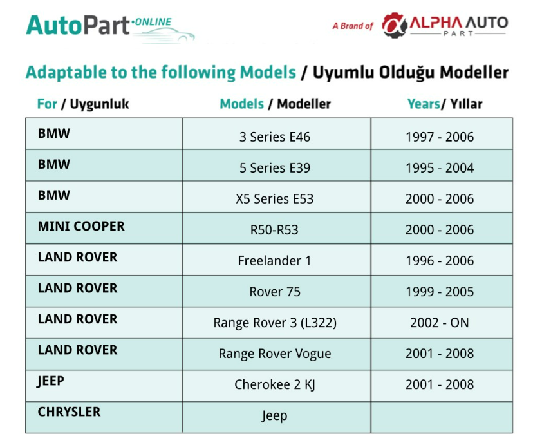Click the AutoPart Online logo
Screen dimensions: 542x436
[x=110, y=29]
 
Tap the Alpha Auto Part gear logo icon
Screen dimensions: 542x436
[x=394, y=25]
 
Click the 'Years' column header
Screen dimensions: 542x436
[x=424, y=104]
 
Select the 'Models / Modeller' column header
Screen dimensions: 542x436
[x=275, y=104]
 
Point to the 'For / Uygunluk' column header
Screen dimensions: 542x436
[x=83, y=104]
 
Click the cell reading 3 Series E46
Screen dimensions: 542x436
[x=275, y=137]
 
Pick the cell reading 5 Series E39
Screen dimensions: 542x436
[x=275, y=168]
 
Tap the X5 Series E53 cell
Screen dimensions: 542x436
[x=275, y=199]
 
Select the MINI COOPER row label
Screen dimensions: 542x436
[x=81, y=226]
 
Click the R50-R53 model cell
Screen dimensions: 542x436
[x=274, y=230]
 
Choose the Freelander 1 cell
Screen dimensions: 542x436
[x=274, y=261]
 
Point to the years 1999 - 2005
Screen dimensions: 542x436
[x=440, y=292]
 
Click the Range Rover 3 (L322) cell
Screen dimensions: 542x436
[x=275, y=323]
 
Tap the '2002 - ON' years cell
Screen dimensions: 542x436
[x=440, y=323]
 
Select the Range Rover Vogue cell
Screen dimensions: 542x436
[x=275, y=354]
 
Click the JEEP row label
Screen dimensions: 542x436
[x=50, y=381]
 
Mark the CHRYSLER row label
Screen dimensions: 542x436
[x=69, y=412]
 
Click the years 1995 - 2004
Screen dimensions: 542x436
[x=440, y=168]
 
